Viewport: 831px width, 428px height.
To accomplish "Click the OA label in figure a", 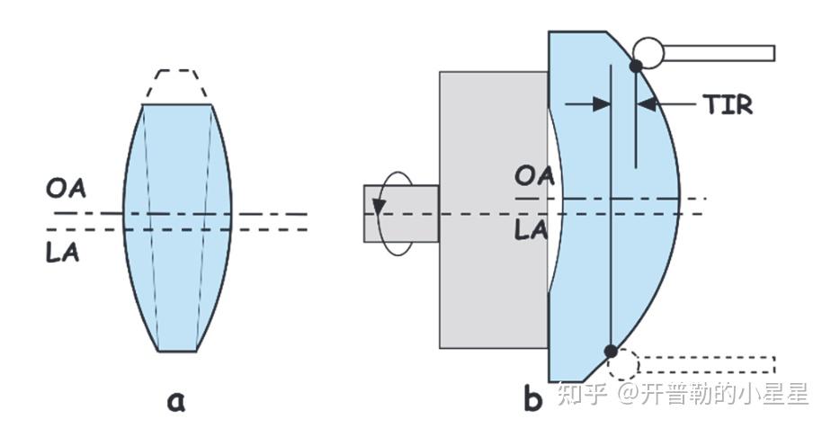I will point(67,192).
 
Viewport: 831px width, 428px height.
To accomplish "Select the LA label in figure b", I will point(532,230).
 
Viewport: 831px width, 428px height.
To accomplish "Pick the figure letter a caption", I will point(176,398).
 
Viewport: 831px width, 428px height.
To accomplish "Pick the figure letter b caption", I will point(532,398).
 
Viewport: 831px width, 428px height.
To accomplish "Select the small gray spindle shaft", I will point(401,214).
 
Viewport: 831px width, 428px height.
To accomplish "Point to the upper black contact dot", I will point(636,66).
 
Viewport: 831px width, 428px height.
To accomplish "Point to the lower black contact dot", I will point(611,351).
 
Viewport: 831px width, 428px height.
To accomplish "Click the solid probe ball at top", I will point(648,52).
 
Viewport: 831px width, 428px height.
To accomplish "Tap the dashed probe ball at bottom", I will point(622,364).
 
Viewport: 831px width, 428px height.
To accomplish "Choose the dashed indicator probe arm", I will point(707,364).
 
